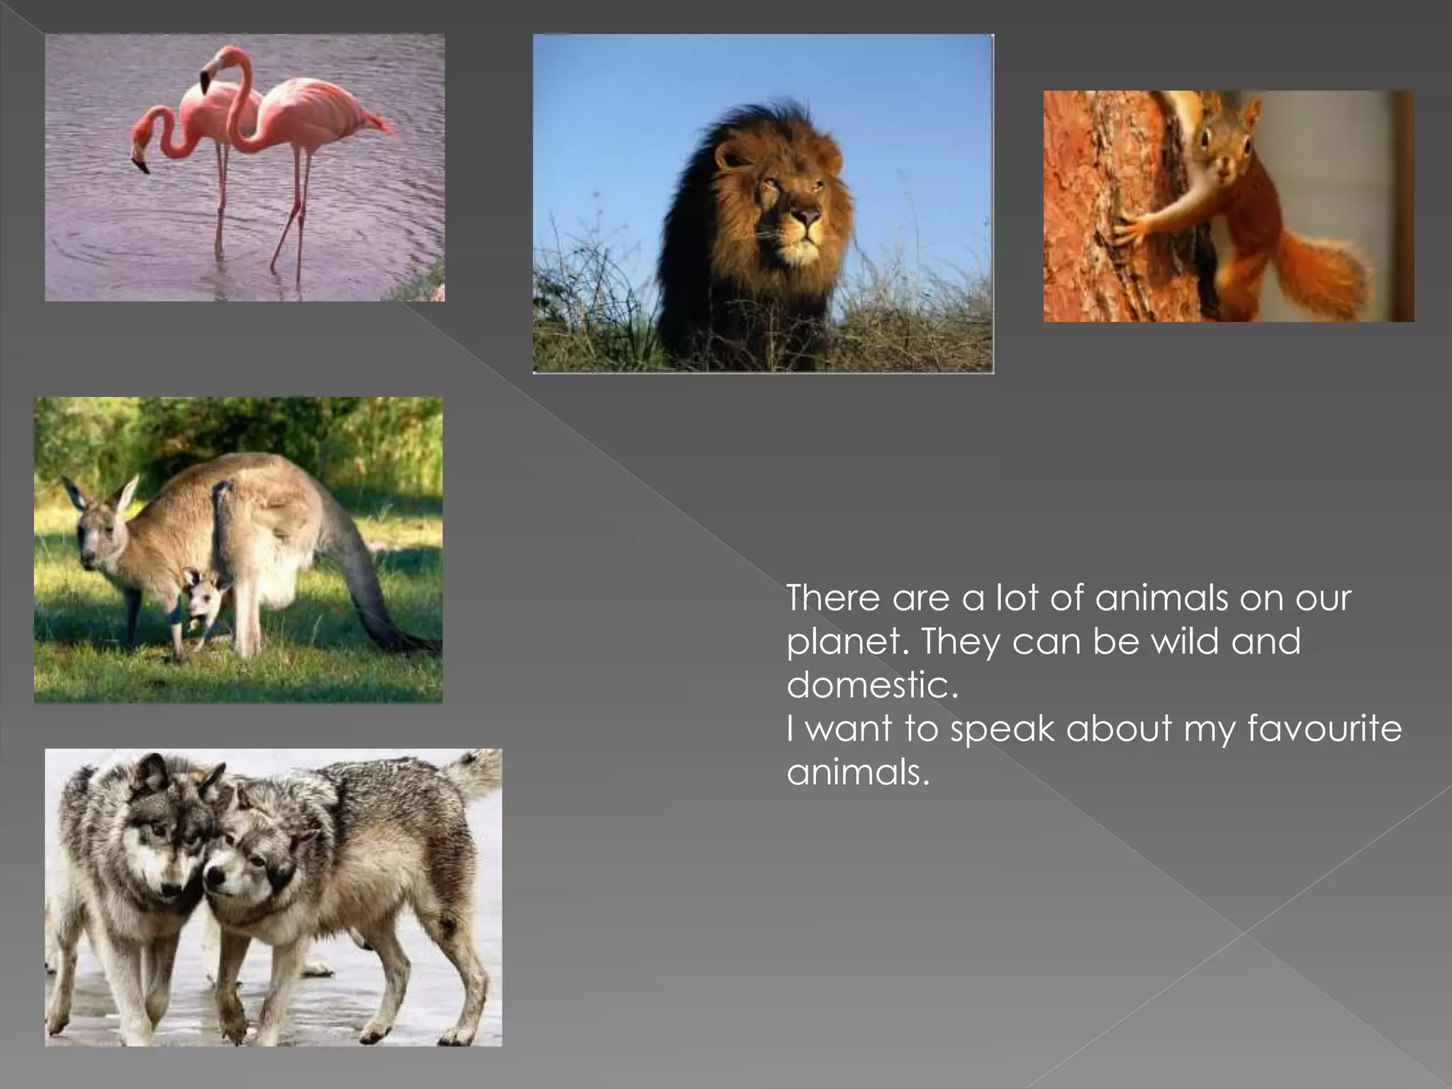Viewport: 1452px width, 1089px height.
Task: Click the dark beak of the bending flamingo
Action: tap(142, 167)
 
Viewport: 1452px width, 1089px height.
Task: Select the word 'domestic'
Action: tap(872, 685)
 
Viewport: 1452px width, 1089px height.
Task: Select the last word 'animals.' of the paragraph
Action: tap(858, 772)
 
